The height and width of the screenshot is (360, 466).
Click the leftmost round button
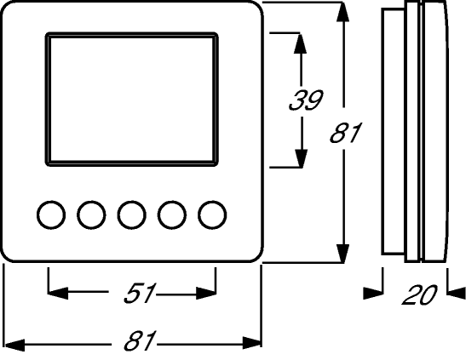[x=51, y=215]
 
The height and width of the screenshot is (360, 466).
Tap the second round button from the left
[x=91, y=215]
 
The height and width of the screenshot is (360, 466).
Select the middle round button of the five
[x=132, y=215]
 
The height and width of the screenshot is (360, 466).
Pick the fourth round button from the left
[x=172, y=215]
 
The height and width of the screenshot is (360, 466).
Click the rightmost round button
[x=212, y=215]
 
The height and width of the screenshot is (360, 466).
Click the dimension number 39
[x=306, y=100]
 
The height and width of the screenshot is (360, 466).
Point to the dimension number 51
[x=140, y=293]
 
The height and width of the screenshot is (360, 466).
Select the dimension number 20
[x=419, y=294]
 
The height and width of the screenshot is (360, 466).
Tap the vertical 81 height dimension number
[x=345, y=133]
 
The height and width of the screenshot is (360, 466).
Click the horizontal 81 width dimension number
[x=140, y=340]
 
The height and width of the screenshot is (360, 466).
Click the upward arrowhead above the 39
[x=300, y=43]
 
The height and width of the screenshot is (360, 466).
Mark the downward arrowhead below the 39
[x=301, y=158]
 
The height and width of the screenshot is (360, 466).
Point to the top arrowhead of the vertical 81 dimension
[x=343, y=12]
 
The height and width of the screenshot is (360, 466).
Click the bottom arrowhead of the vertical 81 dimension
[x=343, y=254]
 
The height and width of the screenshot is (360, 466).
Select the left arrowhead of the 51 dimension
[x=58, y=293]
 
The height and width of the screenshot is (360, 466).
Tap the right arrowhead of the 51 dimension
[x=206, y=294]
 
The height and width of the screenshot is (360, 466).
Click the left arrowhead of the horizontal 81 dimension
[x=14, y=346]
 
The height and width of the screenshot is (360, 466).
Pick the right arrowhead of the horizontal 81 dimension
[x=252, y=343]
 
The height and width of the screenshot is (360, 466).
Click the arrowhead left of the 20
[x=373, y=293]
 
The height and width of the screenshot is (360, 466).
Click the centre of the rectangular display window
[x=132, y=100]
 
